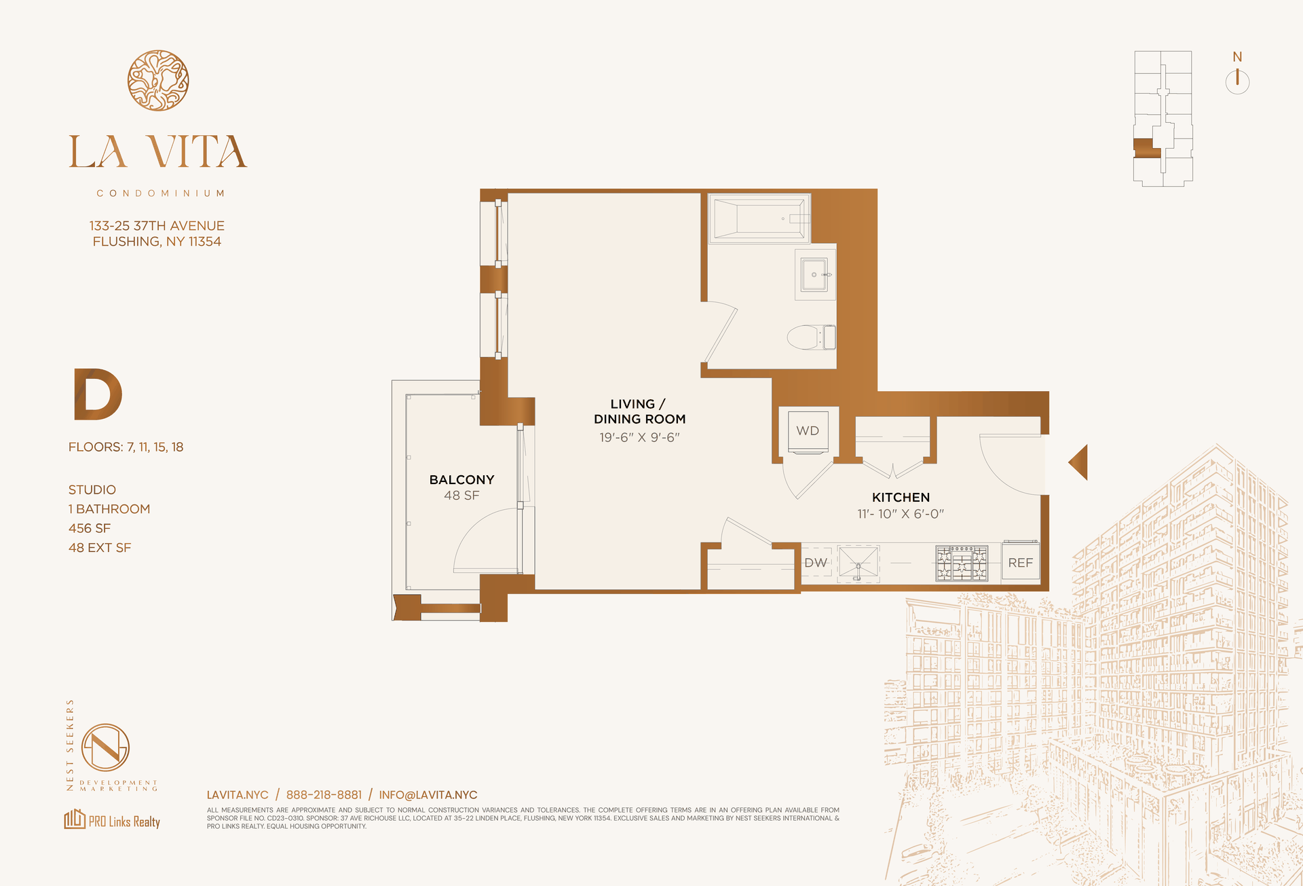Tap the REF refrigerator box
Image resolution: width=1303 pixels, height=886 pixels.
pos(1020,561)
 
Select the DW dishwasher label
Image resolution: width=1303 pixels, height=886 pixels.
pos(816,563)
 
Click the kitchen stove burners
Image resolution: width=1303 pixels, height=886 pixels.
pos(962,563)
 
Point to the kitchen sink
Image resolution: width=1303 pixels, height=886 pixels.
pos(858,563)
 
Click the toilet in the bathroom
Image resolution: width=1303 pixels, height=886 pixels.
pos(811,337)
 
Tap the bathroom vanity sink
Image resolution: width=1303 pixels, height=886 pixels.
pos(814,274)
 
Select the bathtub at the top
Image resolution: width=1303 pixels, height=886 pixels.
pos(759,219)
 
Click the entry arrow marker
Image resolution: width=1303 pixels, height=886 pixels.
pos(1078,462)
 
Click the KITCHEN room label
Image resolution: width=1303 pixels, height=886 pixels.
pos(901,498)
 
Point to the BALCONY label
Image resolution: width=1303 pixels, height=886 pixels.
pos(461,480)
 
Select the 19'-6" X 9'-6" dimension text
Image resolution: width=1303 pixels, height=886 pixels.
pos(639,438)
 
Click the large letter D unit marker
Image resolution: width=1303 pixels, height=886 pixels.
pos(97,394)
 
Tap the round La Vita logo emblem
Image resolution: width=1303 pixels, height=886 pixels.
pos(158,80)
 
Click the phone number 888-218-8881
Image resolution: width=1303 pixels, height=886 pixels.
pos(324,795)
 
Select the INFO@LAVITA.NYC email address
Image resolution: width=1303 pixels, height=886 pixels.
pos(428,795)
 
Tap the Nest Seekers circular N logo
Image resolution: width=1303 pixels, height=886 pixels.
pos(105,747)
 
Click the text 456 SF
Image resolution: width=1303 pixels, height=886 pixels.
pos(89,528)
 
